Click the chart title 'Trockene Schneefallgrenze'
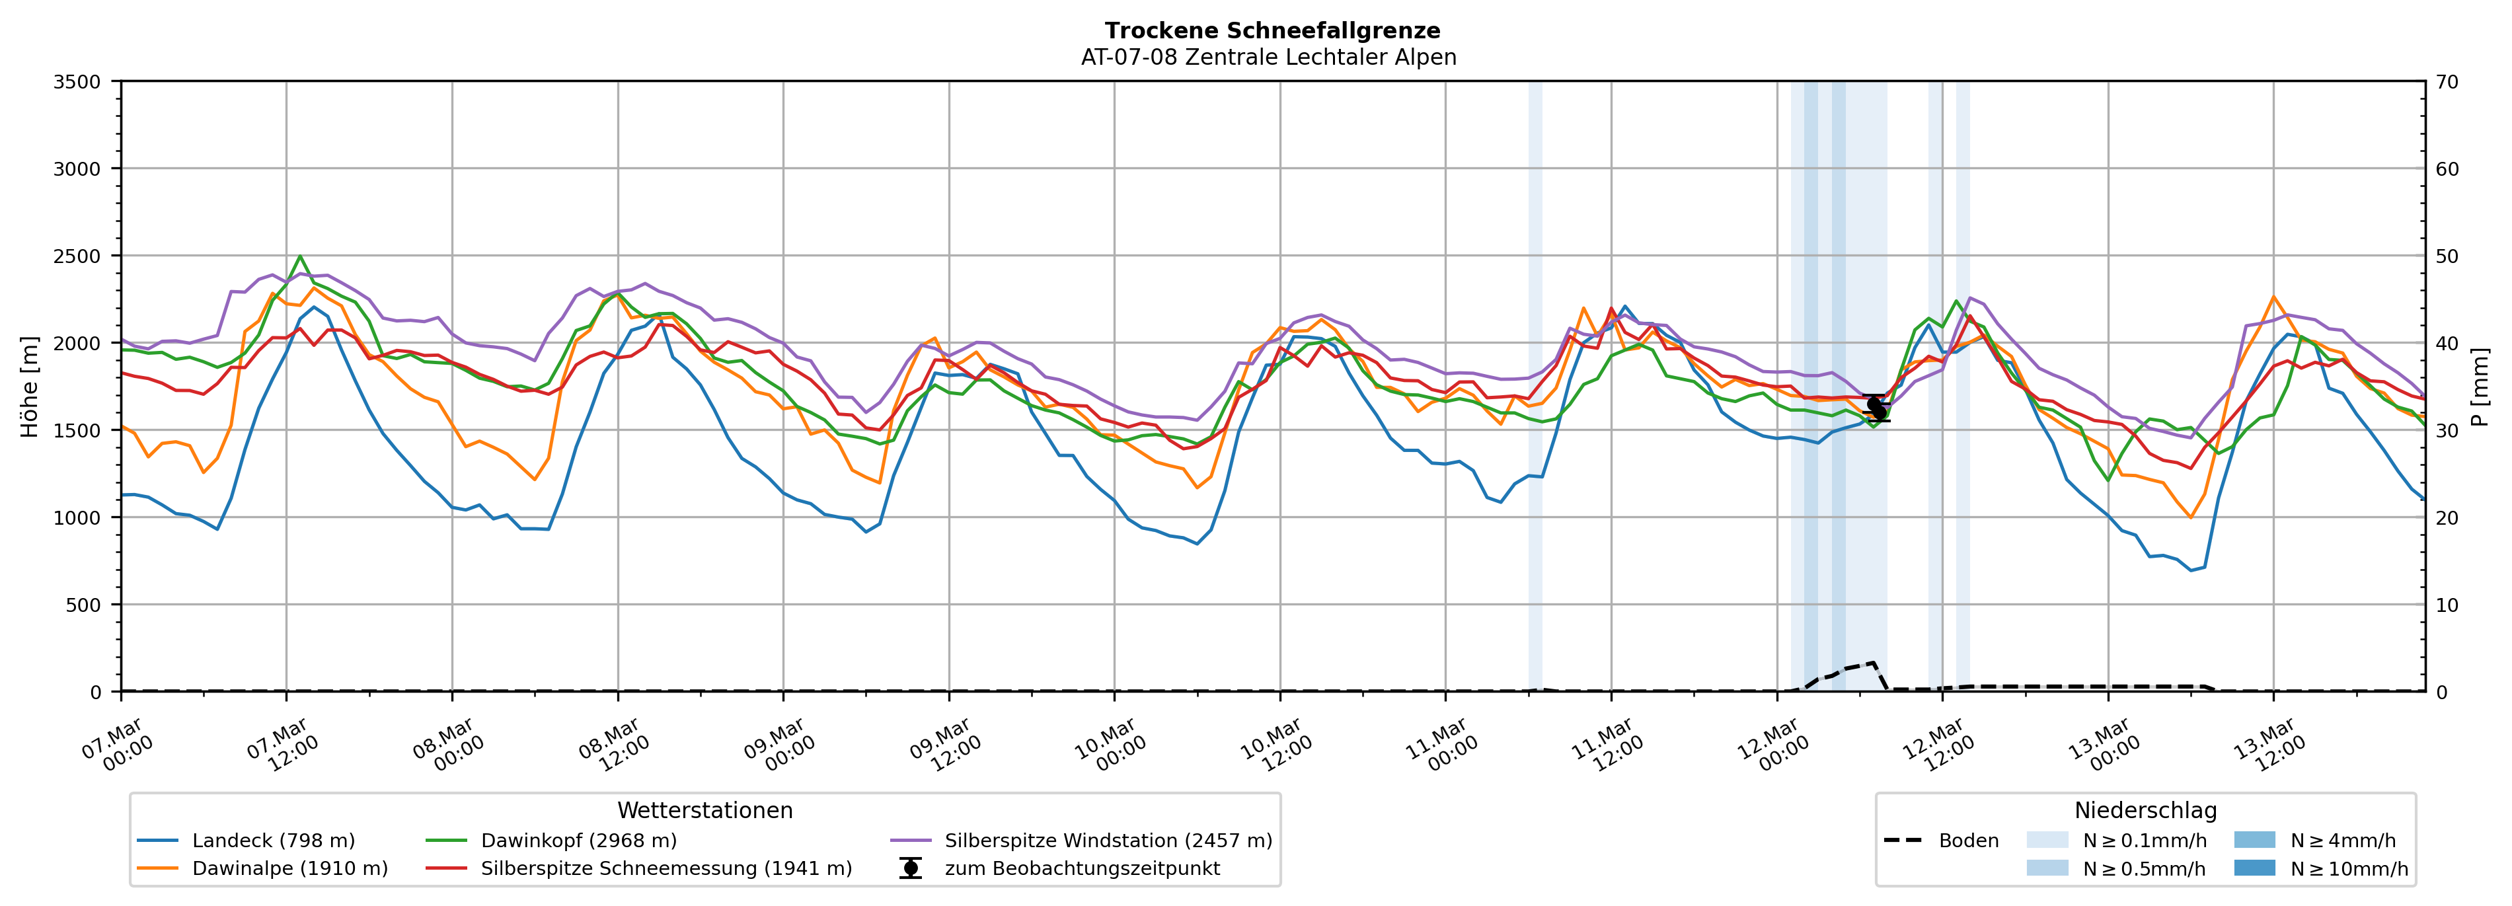point(1272,31)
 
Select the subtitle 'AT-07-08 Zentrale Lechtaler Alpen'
point(1268,57)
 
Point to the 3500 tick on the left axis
point(77,82)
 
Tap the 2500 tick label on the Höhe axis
point(77,256)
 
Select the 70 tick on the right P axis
point(2447,82)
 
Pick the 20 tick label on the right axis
point(2447,518)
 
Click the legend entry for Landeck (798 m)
point(273,841)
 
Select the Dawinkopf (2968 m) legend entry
point(578,841)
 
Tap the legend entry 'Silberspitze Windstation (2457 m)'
point(1108,841)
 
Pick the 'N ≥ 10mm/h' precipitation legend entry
point(2348,869)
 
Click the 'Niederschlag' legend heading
point(2145,810)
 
